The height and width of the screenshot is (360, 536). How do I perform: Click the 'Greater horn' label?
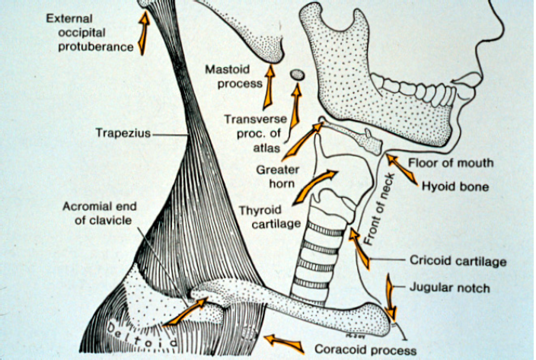click(x=277, y=177)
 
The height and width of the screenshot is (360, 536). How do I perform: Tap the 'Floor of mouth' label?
click(x=451, y=162)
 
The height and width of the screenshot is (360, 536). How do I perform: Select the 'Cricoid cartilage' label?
click(x=458, y=261)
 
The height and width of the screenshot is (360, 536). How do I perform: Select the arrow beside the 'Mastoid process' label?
click(x=268, y=89)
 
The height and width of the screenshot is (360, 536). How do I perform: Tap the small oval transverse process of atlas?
click(x=298, y=75)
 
